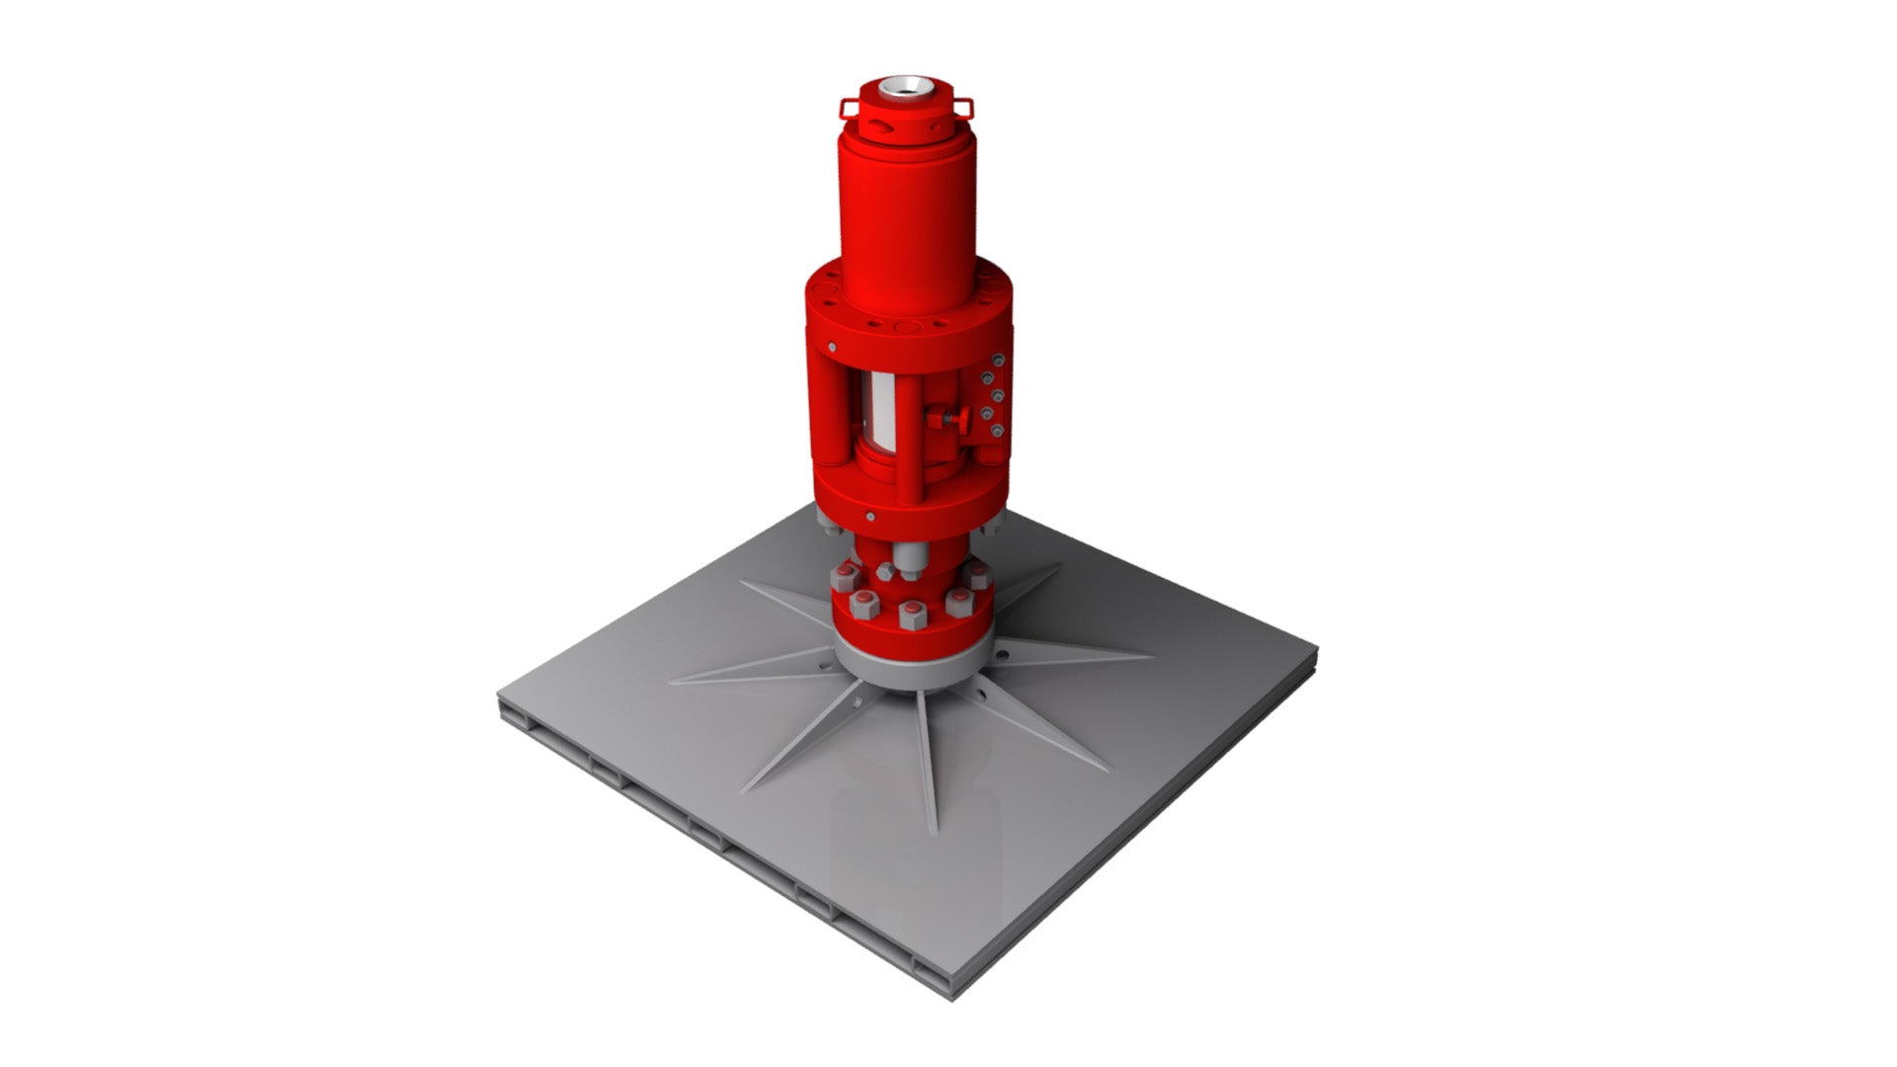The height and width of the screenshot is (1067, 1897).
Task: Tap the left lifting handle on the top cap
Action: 848,106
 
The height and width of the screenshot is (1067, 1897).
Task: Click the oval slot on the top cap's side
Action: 880,127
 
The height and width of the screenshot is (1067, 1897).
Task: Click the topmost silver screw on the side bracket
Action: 1000,360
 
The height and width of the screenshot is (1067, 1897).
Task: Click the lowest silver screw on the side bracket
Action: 999,430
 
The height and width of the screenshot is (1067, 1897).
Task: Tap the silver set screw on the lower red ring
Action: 869,516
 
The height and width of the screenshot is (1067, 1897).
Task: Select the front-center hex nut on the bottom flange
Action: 911,620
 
